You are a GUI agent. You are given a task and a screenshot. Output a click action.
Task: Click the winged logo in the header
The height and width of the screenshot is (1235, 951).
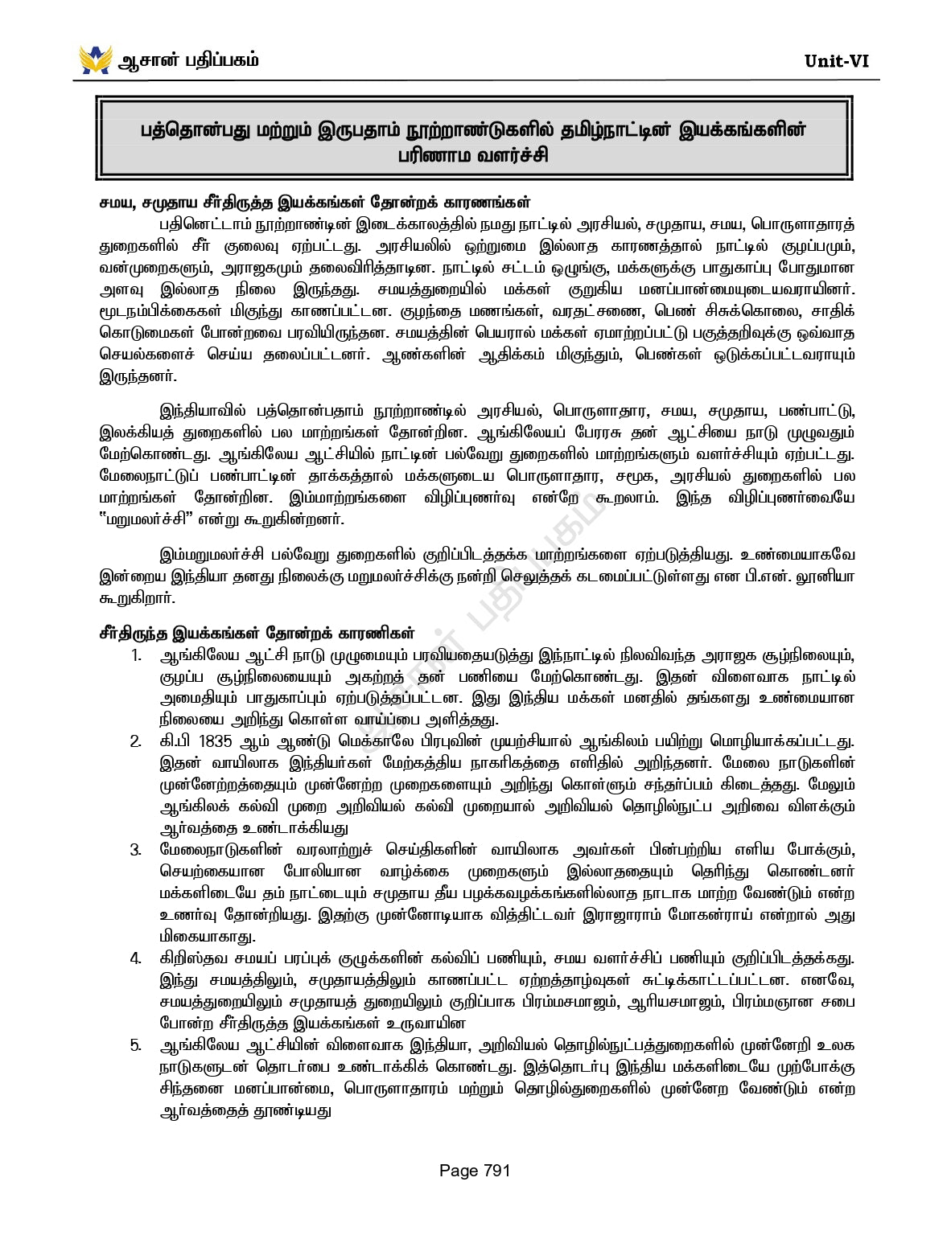click(96, 59)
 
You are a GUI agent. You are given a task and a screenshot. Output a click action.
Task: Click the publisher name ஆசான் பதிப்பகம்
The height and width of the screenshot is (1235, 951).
click(189, 60)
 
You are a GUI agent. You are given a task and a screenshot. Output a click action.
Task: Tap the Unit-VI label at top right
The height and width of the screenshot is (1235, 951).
click(836, 61)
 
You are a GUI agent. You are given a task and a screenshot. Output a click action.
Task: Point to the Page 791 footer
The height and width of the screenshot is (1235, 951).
click(475, 1171)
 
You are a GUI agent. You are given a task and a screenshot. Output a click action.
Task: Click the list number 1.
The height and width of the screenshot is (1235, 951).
click(136, 655)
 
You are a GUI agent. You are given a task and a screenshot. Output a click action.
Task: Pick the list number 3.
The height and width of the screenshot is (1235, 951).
click(136, 850)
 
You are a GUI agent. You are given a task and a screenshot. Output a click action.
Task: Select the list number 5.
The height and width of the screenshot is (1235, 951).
click(136, 1045)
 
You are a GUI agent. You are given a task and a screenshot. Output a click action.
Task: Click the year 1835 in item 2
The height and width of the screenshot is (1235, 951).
click(215, 741)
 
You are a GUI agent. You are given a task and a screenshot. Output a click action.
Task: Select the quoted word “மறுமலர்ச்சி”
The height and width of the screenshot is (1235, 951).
click(143, 519)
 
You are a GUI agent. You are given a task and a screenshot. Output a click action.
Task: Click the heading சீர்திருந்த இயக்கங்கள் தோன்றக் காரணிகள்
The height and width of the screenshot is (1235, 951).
click(257, 633)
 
